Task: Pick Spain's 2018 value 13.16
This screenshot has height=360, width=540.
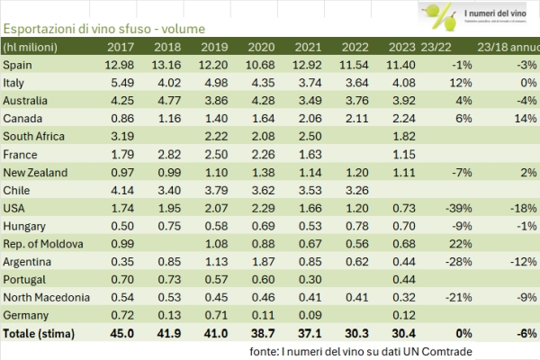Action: [x=168, y=65]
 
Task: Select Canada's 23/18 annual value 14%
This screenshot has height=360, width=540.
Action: [x=523, y=117]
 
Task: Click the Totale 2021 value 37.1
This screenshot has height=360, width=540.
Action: [x=308, y=333]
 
